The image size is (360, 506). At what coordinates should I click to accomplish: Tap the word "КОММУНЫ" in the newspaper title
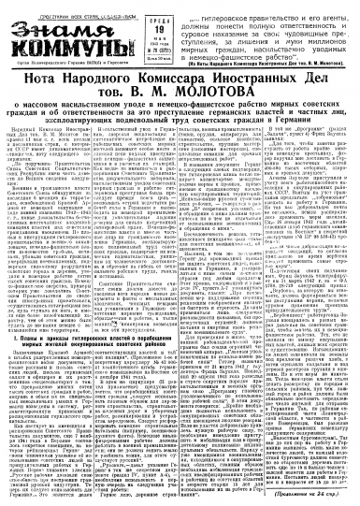59,42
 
